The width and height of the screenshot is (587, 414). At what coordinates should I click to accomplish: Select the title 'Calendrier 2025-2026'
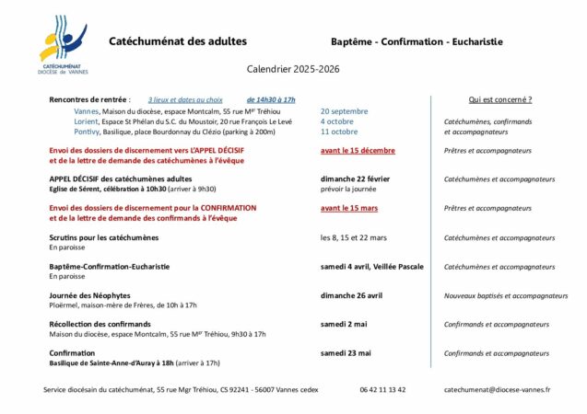click(x=293, y=69)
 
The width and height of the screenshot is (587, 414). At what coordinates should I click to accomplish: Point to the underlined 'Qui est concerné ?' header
click(x=500, y=99)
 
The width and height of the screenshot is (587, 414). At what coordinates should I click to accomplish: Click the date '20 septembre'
click(x=344, y=110)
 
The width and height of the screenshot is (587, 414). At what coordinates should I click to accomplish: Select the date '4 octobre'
click(x=336, y=121)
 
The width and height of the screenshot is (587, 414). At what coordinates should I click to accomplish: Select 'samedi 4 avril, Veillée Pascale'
click(x=371, y=266)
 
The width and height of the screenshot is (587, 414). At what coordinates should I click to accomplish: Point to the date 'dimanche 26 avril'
click(x=351, y=295)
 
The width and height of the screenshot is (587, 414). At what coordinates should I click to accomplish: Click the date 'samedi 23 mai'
click(x=346, y=352)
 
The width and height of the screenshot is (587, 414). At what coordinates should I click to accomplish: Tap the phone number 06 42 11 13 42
click(x=382, y=389)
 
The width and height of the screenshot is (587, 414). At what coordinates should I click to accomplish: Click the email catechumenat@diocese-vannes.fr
click(x=497, y=389)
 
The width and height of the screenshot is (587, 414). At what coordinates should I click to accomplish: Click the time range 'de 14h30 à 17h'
click(x=271, y=99)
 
